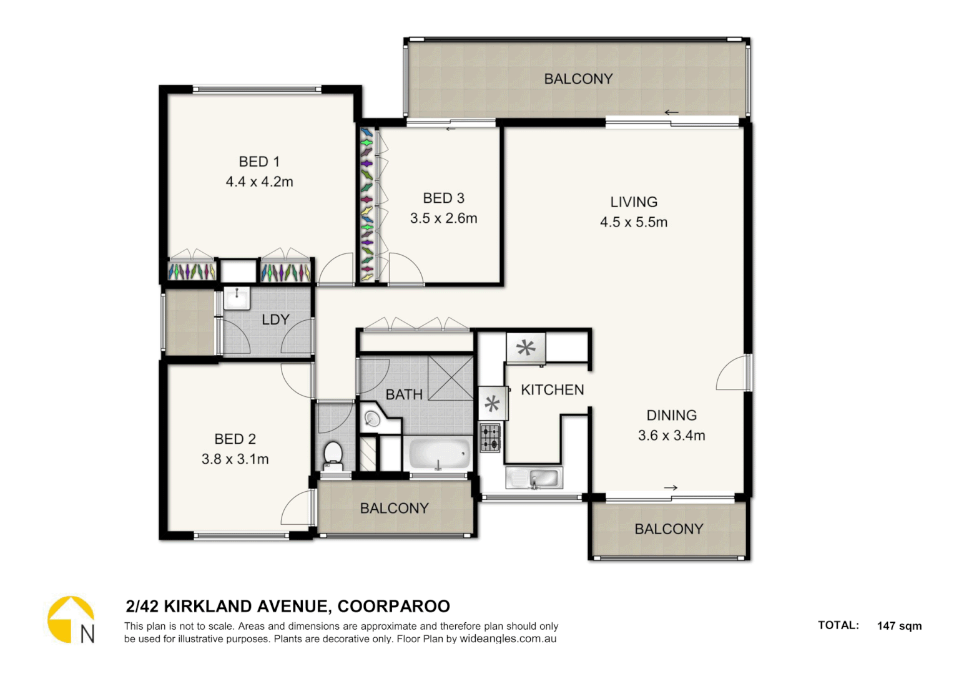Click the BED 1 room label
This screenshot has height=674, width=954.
coord(259,162)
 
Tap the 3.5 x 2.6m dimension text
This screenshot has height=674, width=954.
coord(443,218)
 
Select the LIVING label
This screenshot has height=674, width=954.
coord(634,202)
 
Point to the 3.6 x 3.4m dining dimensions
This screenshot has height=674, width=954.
coord(671,436)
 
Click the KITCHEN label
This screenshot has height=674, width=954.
coord(553,390)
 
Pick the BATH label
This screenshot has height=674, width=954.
coord(404,394)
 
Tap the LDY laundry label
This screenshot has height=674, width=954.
coord(275,320)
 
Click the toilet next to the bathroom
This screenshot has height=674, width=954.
coord(333,456)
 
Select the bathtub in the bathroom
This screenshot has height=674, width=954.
coord(439,454)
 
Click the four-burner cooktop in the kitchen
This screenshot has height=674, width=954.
coord(489,437)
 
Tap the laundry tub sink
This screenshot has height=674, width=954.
coord(237,298)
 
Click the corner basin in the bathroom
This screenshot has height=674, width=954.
coord(373,418)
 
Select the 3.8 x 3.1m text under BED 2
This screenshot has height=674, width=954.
coord(235,459)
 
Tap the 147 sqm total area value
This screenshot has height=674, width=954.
coord(899,626)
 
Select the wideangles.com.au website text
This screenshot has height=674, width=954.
coord(508,639)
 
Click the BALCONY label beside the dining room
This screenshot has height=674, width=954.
coord(669,529)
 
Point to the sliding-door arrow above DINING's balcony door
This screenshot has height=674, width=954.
coord(671,487)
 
